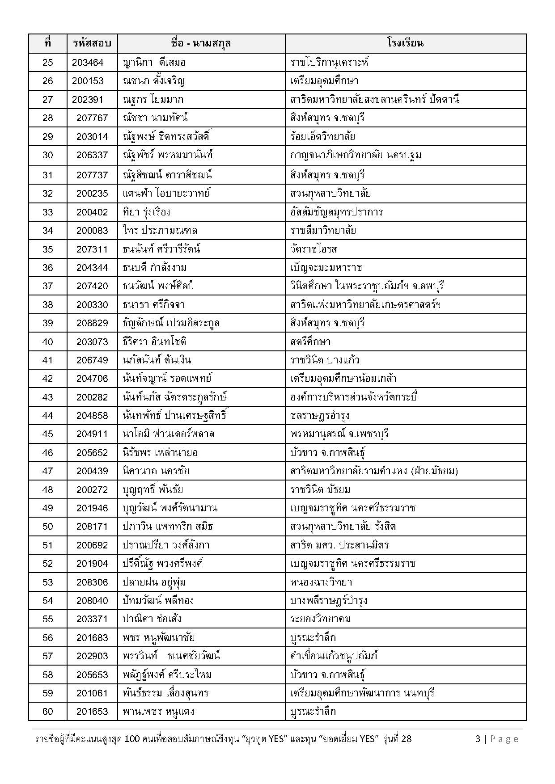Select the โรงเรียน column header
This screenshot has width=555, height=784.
pos(405,43)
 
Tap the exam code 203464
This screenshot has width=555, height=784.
pos(88,62)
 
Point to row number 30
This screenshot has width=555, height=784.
pos(47,155)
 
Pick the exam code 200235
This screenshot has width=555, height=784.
pos(92,193)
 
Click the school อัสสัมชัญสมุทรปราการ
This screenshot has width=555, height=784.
pos(336,212)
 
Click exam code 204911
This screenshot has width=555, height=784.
pos(92,434)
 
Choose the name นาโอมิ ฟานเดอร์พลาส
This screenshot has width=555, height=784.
pos(168,434)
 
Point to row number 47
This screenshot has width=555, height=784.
pos(47,471)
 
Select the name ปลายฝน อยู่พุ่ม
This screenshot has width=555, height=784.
pos(154,582)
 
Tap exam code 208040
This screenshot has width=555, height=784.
pos(92,600)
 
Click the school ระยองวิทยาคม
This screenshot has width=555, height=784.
pos(320,619)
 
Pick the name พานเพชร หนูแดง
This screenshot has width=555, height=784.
pos(158,711)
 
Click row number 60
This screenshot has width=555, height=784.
pos(47,711)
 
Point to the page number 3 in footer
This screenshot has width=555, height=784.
pos(478,739)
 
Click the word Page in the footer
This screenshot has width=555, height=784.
pos(504,739)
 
